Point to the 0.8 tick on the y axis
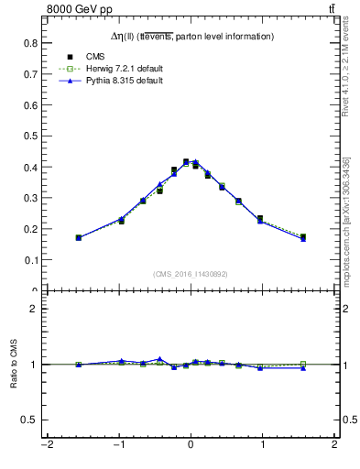[30, 43]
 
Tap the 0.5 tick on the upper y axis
[30, 136]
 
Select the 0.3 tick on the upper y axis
[30, 198]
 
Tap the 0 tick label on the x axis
[191, 446]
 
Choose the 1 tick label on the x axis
[263, 446]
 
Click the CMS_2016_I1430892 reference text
[191, 273]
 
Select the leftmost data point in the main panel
[79, 237]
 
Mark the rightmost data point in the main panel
[303, 237]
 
